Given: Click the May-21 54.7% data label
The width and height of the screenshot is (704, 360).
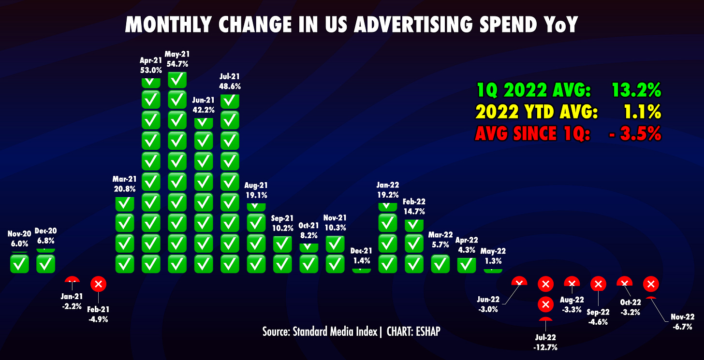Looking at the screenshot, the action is pos(177,59).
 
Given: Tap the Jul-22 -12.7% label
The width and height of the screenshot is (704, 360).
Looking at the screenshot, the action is pos(545,342).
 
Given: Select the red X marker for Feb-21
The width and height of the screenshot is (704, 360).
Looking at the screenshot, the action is pos(98,284).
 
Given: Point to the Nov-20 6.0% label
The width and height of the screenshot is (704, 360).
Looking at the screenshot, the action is pos(19,239).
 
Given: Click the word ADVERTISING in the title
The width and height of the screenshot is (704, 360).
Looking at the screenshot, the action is pos(413,25).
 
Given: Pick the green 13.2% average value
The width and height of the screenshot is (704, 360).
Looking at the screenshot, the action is pos(636,90).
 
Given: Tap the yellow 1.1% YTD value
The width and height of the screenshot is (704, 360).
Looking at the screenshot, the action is pos(642,112).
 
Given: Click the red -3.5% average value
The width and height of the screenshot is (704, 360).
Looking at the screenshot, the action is pos(635,133).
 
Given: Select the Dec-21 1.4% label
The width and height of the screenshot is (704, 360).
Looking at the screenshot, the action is pos(362,256).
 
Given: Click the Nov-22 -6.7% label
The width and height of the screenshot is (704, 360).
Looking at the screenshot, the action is pos(683,322).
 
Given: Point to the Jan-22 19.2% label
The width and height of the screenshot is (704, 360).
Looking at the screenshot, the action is pos(388,190).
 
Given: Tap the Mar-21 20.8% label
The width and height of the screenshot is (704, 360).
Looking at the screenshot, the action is pos(124,184).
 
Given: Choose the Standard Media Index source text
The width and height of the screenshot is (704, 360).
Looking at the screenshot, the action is pos(335,331).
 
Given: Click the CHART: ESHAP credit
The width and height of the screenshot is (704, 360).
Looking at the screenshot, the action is pos(413,331).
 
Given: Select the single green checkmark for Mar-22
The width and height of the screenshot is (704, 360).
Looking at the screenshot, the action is pos(440,263).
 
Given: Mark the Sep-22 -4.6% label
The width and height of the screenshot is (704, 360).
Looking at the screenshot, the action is pos(598,317).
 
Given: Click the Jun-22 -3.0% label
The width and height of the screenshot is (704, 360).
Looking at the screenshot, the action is pos(488,304).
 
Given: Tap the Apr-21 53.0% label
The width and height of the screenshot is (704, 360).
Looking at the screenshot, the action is pos(151,65).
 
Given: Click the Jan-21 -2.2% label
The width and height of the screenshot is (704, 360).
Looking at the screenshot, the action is pos(72,301).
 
